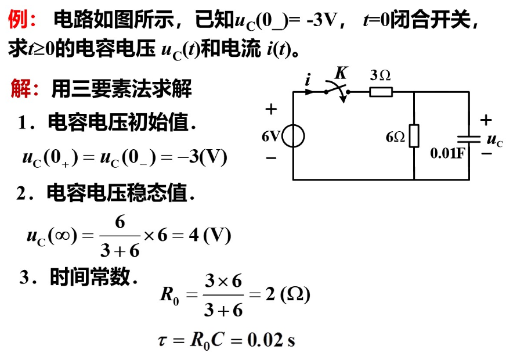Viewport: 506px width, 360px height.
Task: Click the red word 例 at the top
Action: tap(16, 21)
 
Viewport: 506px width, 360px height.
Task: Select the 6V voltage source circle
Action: tap(294, 137)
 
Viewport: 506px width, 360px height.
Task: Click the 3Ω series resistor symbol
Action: tap(381, 91)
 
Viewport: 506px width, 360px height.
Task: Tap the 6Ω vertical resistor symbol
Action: tap(414, 136)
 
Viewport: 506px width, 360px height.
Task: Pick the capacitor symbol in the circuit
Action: tap(468, 138)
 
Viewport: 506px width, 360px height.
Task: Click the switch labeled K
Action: tap(338, 90)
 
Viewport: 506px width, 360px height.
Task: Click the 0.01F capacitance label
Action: tap(447, 153)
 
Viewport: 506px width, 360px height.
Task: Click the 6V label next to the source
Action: tap(271, 137)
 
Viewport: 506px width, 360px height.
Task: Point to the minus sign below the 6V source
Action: tap(271, 157)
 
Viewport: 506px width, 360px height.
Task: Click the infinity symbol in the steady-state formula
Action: tap(60, 236)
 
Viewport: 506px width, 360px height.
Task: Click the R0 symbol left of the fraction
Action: tap(169, 296)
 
